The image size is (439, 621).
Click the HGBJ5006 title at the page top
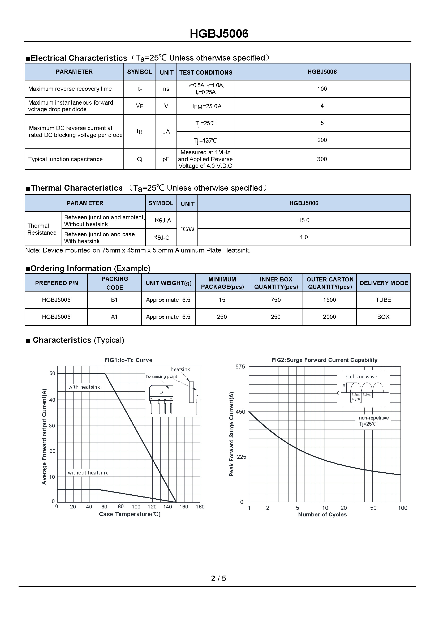point(219,34)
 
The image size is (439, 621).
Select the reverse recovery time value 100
point(322,89)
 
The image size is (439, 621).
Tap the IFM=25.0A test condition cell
point(207,106)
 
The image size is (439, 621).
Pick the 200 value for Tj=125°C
point(322,140)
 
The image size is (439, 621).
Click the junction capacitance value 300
point(322,159)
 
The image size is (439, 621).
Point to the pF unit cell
point(166,159)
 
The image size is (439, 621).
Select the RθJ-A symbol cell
point(163,220)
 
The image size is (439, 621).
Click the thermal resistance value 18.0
point(304,220)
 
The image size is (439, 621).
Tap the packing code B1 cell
point(114,300)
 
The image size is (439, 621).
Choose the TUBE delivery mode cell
point(383,300)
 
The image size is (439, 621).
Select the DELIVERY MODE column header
point(384,283)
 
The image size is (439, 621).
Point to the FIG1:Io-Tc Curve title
point(128,360)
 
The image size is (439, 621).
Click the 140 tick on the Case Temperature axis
point(167,507)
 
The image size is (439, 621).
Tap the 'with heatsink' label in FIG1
point(84,387)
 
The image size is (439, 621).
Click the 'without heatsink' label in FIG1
point(88,473)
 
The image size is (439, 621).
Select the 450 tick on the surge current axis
point(240,412)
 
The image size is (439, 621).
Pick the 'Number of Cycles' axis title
point(322,515)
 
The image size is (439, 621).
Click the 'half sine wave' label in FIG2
point(361,376)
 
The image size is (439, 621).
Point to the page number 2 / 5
point(218,578)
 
